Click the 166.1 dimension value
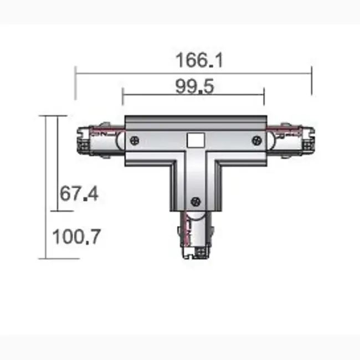coord(199,59)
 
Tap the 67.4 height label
coord(78,194)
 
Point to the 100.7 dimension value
coord(76,237)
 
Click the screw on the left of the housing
coord(134,140)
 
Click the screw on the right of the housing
coord(256,140)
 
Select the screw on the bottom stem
coord(194,201)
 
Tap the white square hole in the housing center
coord(194,140)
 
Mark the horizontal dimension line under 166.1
coord(194,72)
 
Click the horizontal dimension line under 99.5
coord(194,95)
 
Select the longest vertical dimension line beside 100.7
coord(47,187)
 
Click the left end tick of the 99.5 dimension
coord(122,97)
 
